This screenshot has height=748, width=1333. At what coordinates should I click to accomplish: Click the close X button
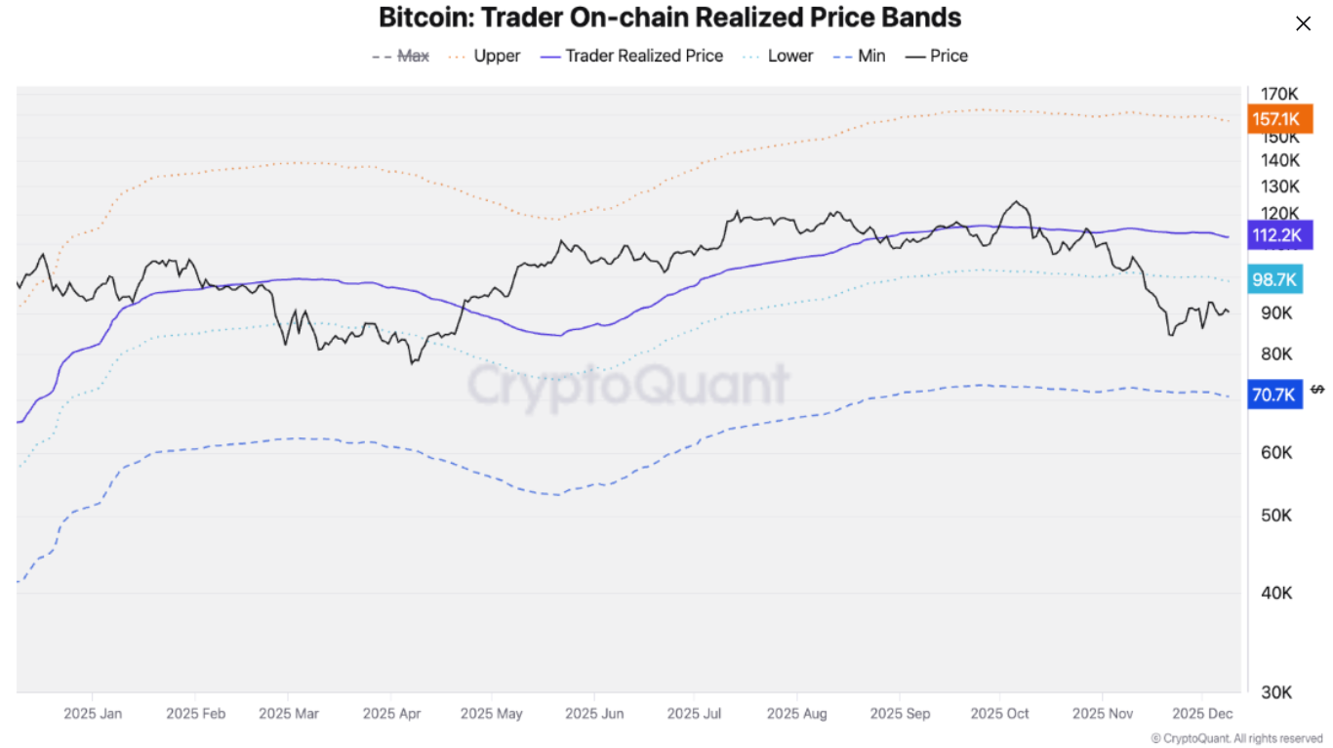pyautogui.click(x=1303, y=23)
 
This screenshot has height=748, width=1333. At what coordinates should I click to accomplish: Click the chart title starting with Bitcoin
pyautogui.click(x=669, y=18)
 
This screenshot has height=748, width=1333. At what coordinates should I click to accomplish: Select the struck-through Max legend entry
pyautogui.click(x=401, y=57)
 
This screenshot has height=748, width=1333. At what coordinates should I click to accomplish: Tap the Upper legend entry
pyautogui.click(x=485, y=57)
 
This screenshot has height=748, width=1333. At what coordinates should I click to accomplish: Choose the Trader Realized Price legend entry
pyautogui.click(x=632, y=57)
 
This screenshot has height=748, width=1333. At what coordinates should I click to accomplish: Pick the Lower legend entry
pyautogui.click(x=778, y=57)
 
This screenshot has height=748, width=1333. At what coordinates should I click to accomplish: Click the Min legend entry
pyautogui.click(x=860, y=57)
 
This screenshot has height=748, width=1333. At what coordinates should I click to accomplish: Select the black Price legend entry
pyautogui.click(x=937, y=57)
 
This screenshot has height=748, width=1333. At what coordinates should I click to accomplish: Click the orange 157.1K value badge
pyautogui.click(x=1275, y=119)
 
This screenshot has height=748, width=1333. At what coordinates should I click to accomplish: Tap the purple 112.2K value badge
pyautogui.click(x=1277, y=235)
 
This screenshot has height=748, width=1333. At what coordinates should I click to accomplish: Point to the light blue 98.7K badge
pyautogui.click(x=1274, y=280)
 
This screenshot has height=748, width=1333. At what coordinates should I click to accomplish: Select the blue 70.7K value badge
pyautogui.click(x=1273, y=395)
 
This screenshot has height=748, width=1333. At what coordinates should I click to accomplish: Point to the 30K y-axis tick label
pyautogui.click(x=1276, y=692)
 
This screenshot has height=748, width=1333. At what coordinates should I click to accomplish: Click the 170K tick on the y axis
pyautogui.click(x=1279, y=95)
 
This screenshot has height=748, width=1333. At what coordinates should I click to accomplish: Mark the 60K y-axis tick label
pyautogui.click(x=1276, y=453)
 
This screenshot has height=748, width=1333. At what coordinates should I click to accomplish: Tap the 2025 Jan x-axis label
pyautogui.click(x=93, y=714)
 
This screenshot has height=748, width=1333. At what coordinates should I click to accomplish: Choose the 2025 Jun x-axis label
pyautogui.click(x=594, y=714)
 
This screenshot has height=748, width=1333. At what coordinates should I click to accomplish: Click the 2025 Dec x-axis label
pyautogui.click(x=1202, y=714)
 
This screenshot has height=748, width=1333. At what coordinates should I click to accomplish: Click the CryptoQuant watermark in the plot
pyautogui.click(x=628, y=385)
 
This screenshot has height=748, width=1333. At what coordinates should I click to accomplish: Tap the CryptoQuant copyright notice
pyautogui.click(x=1236, y=739)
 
